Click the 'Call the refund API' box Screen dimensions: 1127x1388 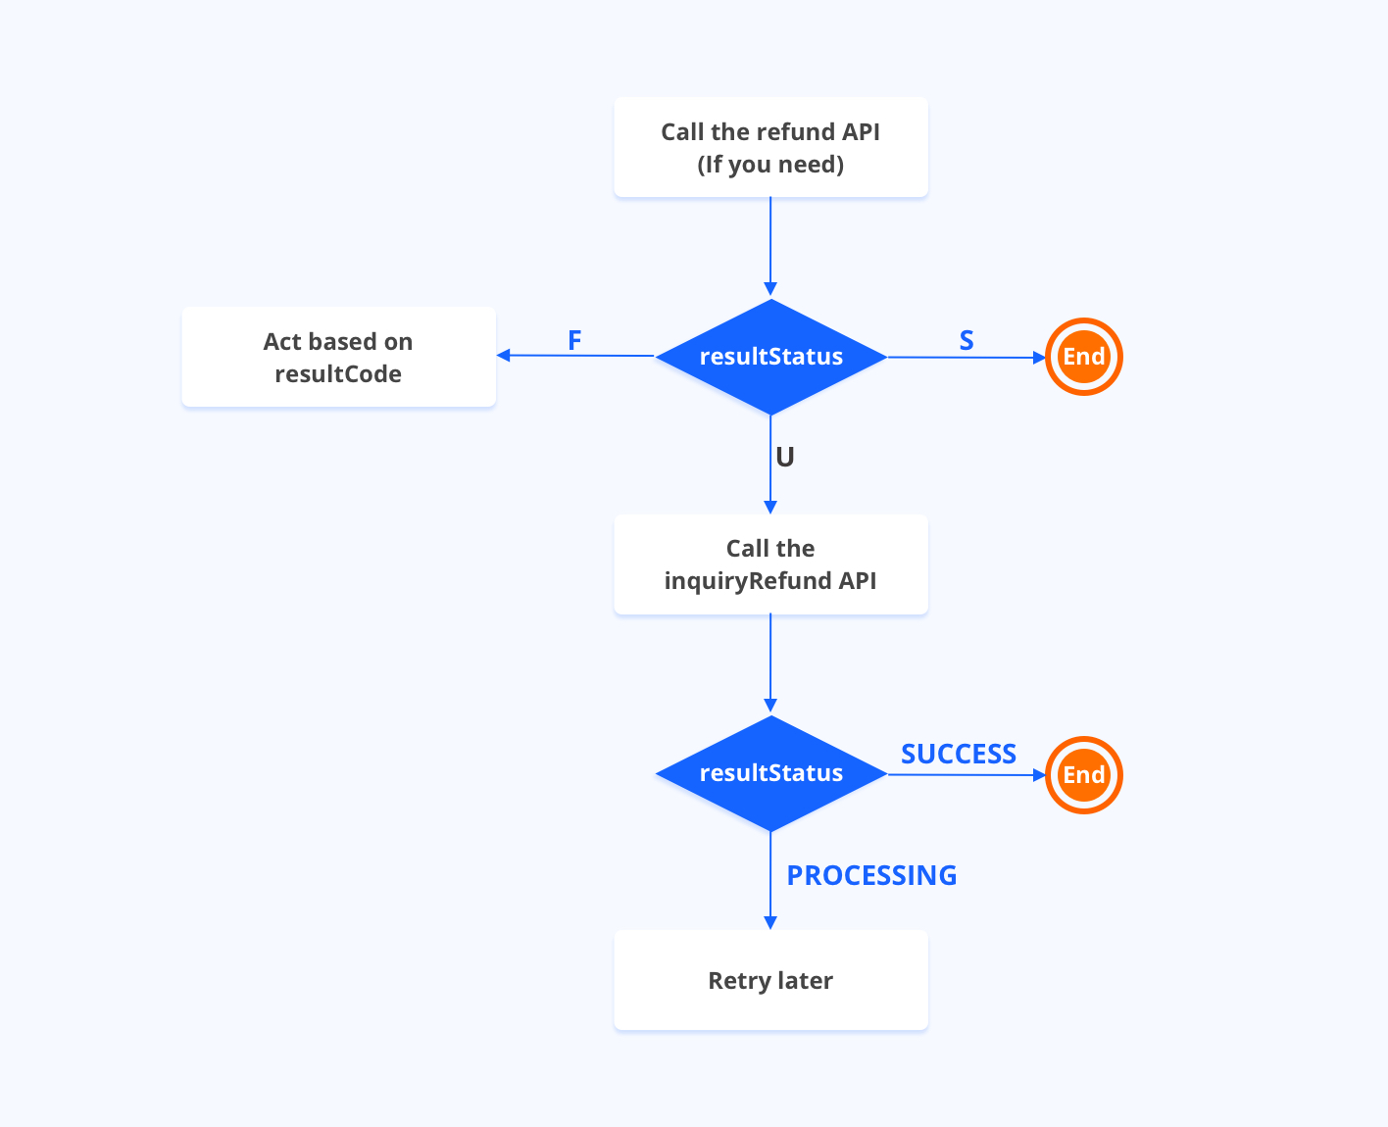(x=770, y=147)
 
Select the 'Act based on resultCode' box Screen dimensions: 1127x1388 (x=338, y=357)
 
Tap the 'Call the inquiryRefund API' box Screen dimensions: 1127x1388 (x=770, y=564)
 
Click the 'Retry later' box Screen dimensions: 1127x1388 (x=770, y=980)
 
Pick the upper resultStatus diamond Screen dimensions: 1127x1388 (x=770, y=357)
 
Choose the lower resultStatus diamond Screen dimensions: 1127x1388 (x=770, y=773)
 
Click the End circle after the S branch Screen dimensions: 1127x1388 (x=1083, y=357)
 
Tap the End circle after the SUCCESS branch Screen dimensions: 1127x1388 (x=1083, y=775)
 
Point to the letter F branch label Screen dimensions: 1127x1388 (x=574, y=340)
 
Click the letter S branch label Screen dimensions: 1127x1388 (x=967, y=340)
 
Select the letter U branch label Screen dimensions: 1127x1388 (x=785, y=457)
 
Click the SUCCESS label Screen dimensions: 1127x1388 (x=958, y=754)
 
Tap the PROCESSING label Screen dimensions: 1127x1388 (x=871, y=875)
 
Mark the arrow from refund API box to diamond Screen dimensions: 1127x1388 (x=770, y=245)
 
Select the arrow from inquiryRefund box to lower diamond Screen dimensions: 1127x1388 (x=770, y=661)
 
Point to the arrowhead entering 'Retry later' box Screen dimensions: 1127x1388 (x=770, y=922)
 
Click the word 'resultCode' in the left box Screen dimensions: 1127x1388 (x=338, y=374)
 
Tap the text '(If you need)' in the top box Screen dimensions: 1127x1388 (x=770, y=165)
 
